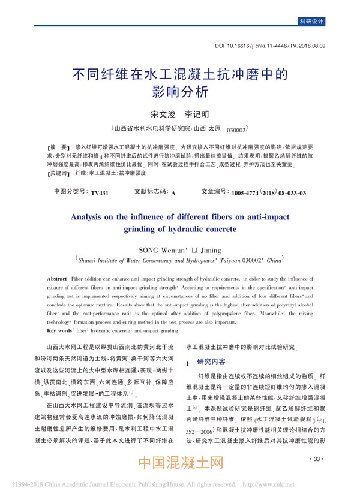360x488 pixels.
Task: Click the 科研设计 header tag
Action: click(x=311, y=22)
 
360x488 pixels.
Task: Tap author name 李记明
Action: click(x=196, y=114)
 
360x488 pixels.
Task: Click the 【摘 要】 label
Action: click(x=59, y=147)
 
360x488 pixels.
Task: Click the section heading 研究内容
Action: click(x=212, y=362)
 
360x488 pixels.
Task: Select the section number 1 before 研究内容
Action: click(x=189, y=363)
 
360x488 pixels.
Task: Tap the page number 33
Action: click(x=317, y=459)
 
